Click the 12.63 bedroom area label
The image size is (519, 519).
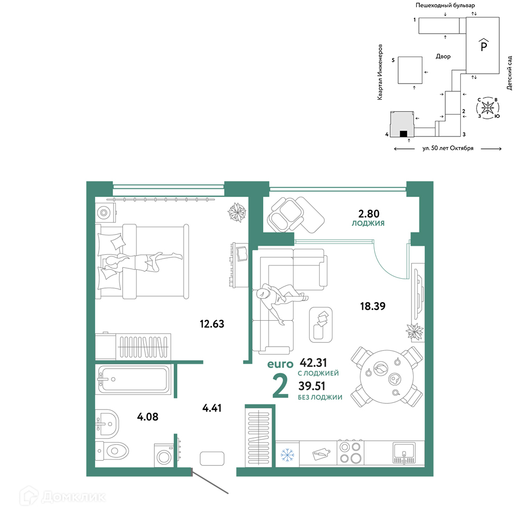(212, 324)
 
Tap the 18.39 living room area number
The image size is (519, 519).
(373, 306)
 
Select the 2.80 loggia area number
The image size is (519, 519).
(368, 214)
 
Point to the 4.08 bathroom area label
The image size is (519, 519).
(147, 416)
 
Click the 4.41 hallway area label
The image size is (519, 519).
(212, 408)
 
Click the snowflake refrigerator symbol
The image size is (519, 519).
(288, 455)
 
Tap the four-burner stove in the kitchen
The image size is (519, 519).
(350, 453)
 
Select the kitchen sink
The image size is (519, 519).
(404, 453)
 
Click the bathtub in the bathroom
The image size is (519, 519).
(133, 379)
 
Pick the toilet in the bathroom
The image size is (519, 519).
(112, 450)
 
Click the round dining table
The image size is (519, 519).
(387, 377)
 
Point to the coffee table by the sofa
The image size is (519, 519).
(321, 325)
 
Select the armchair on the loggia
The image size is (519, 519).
(285, 215)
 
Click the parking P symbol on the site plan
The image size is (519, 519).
(484, 45)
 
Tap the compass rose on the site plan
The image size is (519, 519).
(487, 107)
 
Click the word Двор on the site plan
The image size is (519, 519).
(443, 57)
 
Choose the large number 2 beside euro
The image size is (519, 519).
(280, 387)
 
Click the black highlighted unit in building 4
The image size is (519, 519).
(403, 134)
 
